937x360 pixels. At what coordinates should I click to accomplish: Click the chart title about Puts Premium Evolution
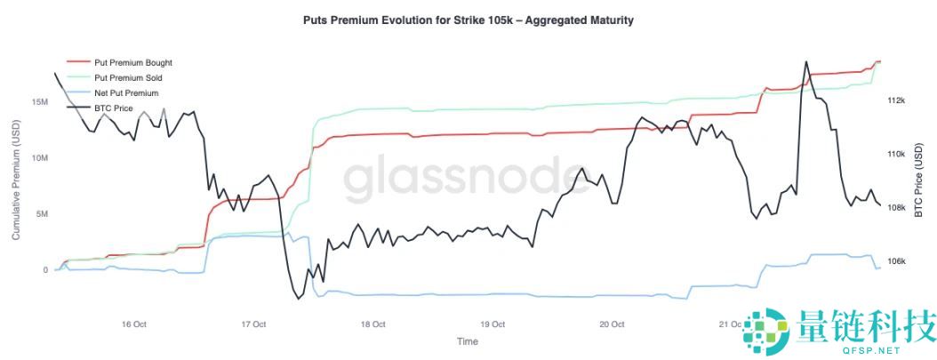(468, 20)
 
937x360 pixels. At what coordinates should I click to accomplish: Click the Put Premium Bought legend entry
(132, 63)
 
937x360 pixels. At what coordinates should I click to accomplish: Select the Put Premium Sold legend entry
(127, 78)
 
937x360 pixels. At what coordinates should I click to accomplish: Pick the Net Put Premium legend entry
(125, 92)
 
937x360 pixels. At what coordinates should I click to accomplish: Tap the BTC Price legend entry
(113, 108)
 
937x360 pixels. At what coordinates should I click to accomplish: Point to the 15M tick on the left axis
(39, 102)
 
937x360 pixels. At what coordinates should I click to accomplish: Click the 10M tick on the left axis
(39, 158)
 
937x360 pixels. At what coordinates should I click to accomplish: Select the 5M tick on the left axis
(42, 214)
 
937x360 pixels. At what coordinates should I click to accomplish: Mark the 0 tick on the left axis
(45, 270)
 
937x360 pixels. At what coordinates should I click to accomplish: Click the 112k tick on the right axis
(896, 100)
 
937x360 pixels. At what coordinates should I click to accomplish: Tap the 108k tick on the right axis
(896, 208)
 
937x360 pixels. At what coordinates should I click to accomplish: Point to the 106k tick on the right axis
(896, 262)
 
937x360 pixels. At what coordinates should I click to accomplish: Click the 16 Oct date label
(133, 324)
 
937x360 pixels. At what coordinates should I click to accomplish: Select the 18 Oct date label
(372, 324)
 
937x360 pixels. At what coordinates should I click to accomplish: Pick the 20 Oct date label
(612, 324)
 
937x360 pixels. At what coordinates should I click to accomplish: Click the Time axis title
(467, 341)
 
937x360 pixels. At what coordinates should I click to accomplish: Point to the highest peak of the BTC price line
(806, 62)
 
